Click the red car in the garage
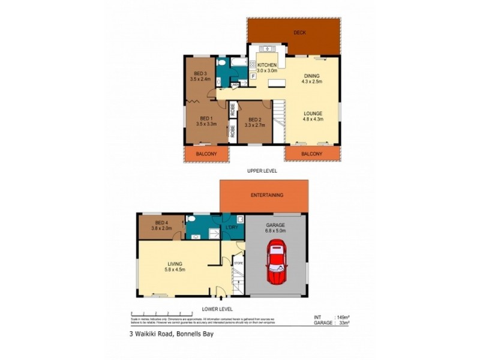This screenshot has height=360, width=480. (276, 262)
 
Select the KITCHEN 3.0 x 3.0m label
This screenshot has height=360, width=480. (267, 68)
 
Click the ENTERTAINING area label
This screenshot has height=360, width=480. (268, 195)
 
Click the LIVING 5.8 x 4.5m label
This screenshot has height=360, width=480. (175, 266)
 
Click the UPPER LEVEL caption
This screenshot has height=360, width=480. (262, 171)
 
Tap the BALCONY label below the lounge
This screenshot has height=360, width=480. (311, 154)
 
